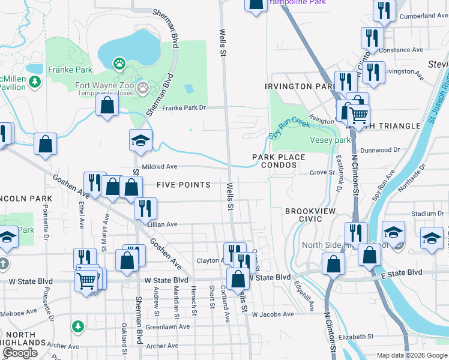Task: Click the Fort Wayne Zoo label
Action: [105, 85]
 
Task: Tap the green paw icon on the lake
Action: [120, 62]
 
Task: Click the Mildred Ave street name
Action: [160, 167]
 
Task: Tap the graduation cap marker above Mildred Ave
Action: [140, 142]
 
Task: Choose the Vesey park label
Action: [330, 140]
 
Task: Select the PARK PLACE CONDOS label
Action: [279, 161]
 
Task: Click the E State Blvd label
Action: [402, 272]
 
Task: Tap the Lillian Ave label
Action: [162, 224]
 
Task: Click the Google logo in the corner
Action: [20, 353]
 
